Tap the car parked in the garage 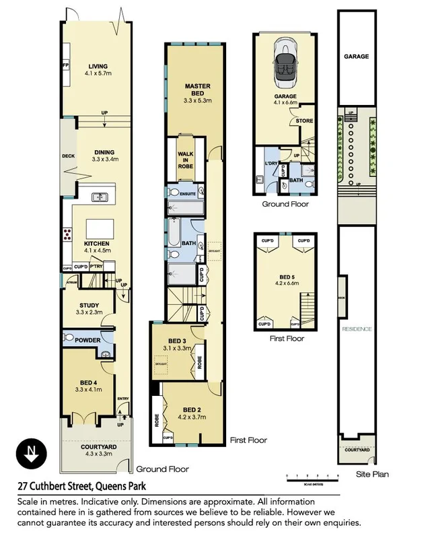[285, 64]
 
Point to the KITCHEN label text [96, 244]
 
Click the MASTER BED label [197, 90]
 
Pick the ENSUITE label [189, 193]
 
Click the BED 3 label [177, 341]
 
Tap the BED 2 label [192, 409]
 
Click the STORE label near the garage [305, 121]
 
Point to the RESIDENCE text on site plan [356, 329]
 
